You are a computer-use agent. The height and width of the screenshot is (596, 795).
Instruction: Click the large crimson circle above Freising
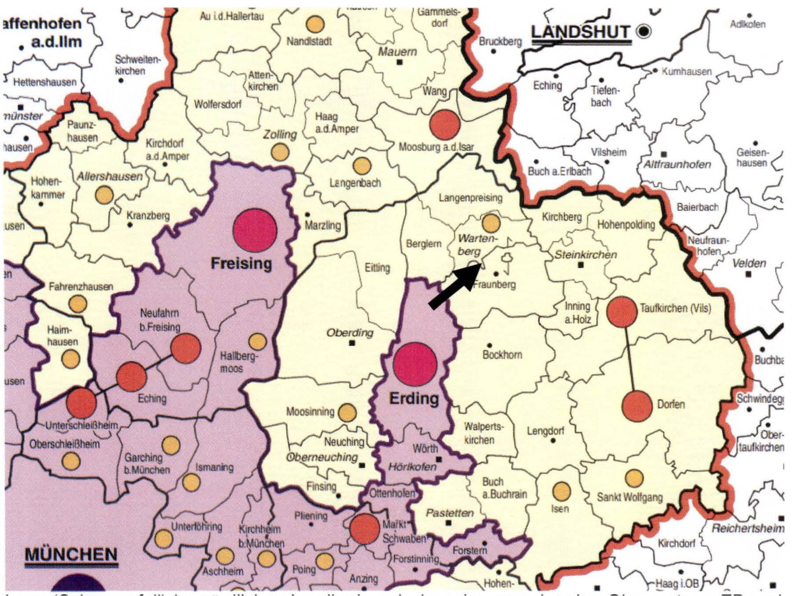tap(255, 230)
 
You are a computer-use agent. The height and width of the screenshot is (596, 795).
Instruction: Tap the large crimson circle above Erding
tap(415, 364)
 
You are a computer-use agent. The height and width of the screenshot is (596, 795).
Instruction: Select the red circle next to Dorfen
tap(637, 406)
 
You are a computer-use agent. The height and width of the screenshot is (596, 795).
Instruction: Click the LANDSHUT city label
tap(581, 32)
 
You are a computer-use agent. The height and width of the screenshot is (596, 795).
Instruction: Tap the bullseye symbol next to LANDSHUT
tap(644, 31)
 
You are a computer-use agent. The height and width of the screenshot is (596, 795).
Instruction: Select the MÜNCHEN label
tap(71, 554)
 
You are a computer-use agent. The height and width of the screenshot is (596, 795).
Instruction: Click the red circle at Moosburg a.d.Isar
tap(444, 125)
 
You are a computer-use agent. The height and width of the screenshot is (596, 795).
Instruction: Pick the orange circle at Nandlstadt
tap(315, 24)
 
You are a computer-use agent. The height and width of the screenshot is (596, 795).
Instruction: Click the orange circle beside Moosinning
tap(347, 412)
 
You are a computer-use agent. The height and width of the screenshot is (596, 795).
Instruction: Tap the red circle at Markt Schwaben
tap(365, 529)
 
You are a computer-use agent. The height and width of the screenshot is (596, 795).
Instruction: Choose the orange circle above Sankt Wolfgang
tap(634, 478)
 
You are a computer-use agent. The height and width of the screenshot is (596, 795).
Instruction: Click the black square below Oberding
tap(351, 343)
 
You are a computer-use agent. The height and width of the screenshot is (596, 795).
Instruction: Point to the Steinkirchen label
tap(585, 255)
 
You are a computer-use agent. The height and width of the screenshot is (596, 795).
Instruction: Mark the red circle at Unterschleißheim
tap(81, 402)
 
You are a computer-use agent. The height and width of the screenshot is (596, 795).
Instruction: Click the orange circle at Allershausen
tap(104, 195)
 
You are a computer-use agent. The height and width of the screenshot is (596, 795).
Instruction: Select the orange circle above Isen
tap(561, 491)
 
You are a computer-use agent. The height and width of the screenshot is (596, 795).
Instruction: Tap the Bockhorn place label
tap(502, 355)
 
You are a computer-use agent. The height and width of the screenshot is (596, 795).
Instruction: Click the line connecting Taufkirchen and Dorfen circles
tap(629, 359)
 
